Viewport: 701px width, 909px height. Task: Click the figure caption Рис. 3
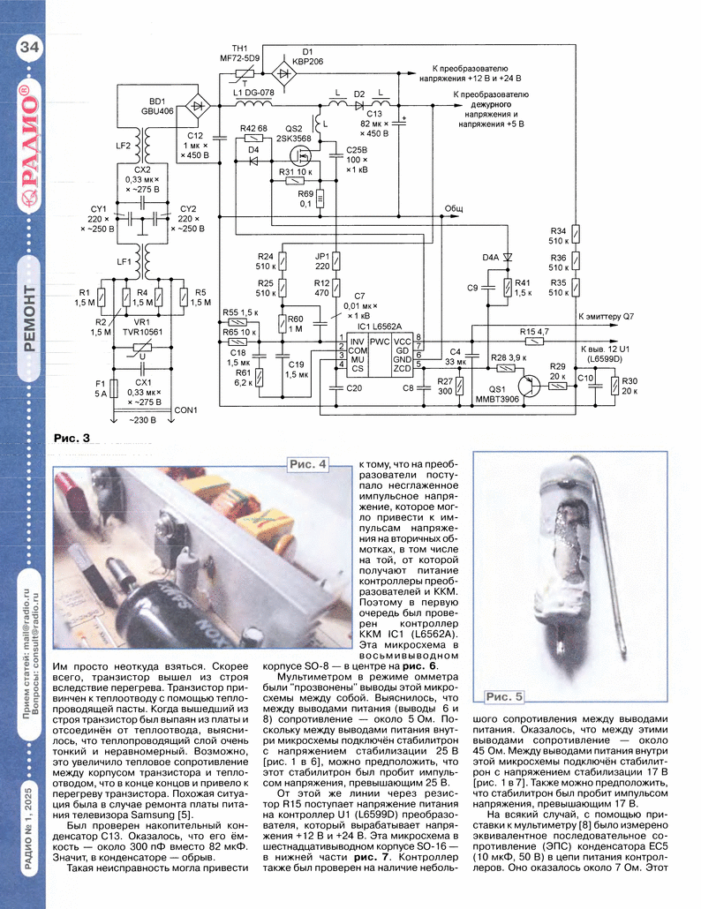pyautogui.click(x=72, y=437)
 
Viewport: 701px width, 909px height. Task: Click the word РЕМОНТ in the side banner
pyautogui.click(x=28, y=319)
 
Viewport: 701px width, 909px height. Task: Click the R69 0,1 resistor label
pyautogui.click(x=305, y=198)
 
